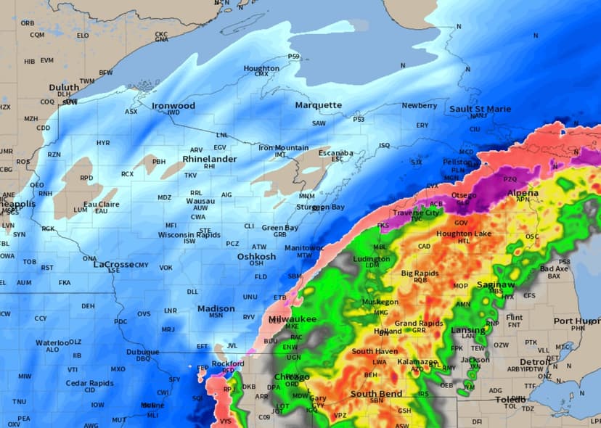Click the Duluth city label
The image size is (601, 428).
click(64, 87)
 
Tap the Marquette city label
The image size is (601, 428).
click(318, 105)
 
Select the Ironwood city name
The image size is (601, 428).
click(173, 106)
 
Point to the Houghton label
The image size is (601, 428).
click(261, 68)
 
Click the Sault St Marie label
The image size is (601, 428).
click(480, 109)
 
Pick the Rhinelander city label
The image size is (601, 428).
click(209, 158)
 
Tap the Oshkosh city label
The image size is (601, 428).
click(256, 256)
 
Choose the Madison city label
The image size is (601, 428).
click(216, 308)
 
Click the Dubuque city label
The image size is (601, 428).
click(142, 352)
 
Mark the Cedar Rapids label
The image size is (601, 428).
click(90, 383)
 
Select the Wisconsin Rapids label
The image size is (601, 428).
click(189, 234)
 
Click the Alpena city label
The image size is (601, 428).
click(523, 193)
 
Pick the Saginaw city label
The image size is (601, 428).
click(496, 285)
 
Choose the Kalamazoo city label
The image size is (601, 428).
click(417, 361)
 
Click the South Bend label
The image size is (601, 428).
click(376, 394)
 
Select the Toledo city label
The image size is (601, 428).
click(510, 400)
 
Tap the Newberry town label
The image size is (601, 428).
click(420, 106)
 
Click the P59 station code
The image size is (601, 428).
click(293, 56)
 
